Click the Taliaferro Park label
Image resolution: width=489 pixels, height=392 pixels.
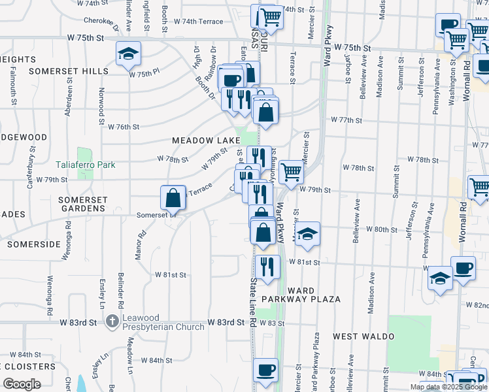click(x=86, y=165)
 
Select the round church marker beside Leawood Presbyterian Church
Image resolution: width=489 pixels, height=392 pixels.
click(x=112, y=321)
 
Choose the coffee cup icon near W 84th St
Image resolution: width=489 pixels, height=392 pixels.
click(x=265, y=370)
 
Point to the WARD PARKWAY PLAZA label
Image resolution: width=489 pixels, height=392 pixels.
click(x=301, y=295)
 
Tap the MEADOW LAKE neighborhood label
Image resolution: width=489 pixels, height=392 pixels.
click(x=201, y=140)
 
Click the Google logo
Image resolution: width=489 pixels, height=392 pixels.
click(x=22, y=384)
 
